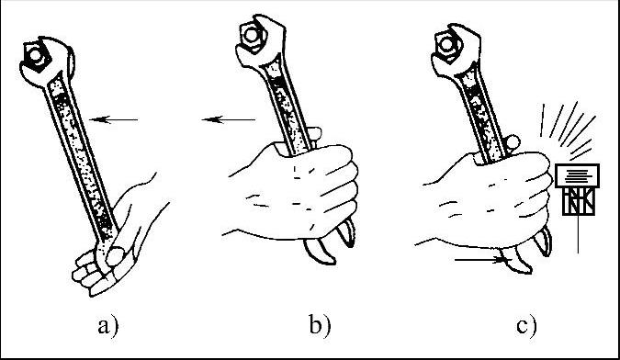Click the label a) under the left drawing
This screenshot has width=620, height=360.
tap(108, 326)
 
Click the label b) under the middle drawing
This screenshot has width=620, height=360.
tap(320, 326)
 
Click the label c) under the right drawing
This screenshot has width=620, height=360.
tap(526, 326)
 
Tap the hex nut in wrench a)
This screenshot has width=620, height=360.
tap(36, 57)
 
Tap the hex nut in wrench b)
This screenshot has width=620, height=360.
tap(253, 35)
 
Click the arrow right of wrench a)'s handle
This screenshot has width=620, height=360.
tap(114, 119)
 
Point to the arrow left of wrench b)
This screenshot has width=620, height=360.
tap(229, 119)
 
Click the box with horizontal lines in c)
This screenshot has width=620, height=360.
tap(578, 175)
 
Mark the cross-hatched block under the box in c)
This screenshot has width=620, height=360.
tap(579, 201)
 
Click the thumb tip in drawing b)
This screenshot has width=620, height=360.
tap(315, 133)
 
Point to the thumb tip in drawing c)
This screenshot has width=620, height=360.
tap(513, 141)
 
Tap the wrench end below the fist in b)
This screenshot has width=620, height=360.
tap(330, 242)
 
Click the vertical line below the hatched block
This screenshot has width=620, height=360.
tap(578, 234)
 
